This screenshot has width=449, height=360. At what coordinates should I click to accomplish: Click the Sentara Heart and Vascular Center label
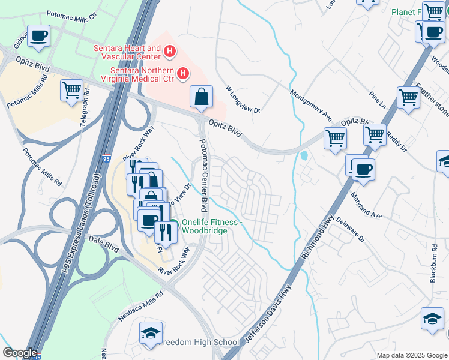[x=127, y=52]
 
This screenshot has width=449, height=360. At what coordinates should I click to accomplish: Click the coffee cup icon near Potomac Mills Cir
[x=40, y=36]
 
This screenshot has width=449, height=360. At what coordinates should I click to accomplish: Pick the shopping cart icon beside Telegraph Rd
[x=71, y=91]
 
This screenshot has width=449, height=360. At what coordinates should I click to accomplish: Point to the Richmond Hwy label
[x=316, y=235]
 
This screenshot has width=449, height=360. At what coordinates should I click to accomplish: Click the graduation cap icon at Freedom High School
[x=151, y=332]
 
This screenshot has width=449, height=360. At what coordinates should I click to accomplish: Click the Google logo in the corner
[x=19, y=353]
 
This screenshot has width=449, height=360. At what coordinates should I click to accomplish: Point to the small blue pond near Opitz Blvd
[x=304, y=156]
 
